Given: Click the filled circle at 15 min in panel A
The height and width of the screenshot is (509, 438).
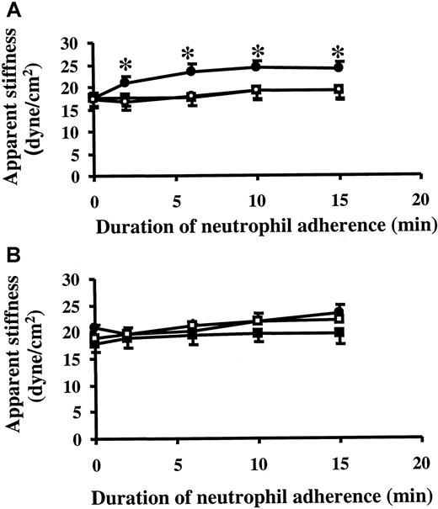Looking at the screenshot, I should tap(339, 67).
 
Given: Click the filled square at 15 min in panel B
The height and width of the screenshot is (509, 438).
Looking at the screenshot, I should tap(339, 333).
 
